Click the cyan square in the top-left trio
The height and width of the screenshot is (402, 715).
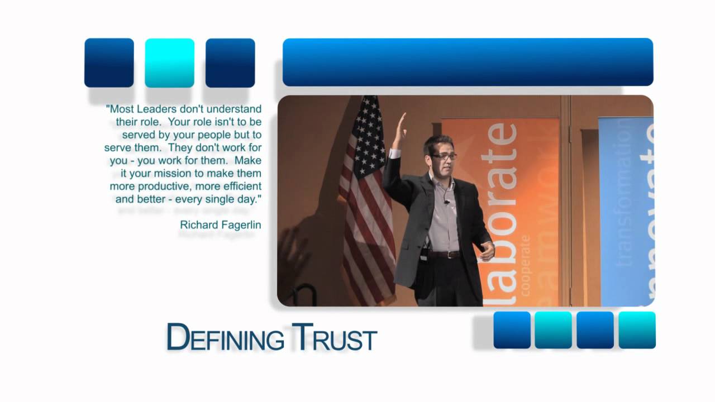pos(169,63)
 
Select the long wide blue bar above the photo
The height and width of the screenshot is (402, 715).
pos(468,62)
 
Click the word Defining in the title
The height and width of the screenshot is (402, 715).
pos(225,337)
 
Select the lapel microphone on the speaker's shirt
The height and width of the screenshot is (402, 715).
pos(447,202)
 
